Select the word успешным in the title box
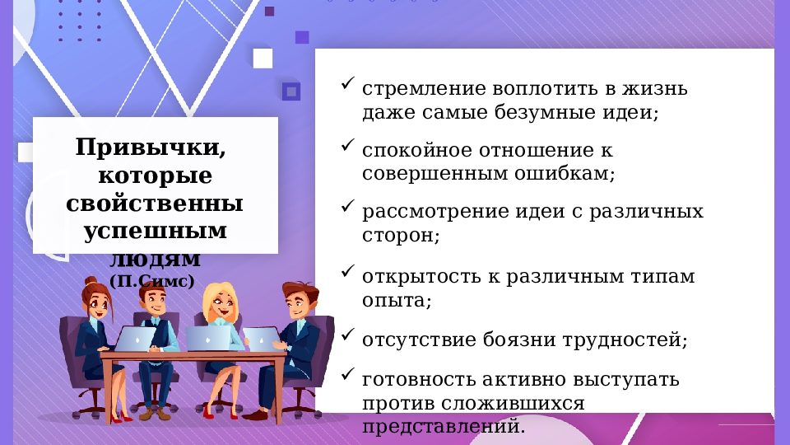point(156,231)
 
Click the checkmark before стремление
point(347,84)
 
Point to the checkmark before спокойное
point(347,146)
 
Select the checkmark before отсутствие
point(347,335)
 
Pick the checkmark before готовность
point(347,375)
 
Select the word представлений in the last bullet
point(442,427)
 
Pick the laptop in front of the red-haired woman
point(134,338)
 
